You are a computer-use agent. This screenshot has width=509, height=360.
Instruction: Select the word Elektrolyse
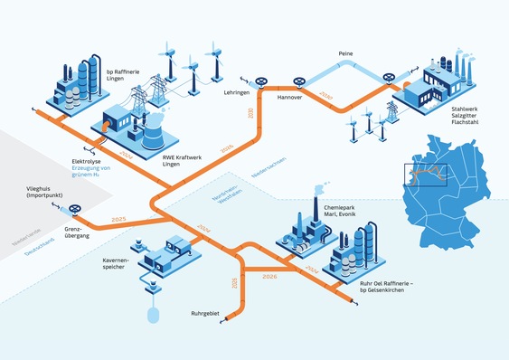90,161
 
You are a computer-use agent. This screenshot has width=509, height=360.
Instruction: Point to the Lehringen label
238,92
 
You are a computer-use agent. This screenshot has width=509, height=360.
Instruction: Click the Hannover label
289,96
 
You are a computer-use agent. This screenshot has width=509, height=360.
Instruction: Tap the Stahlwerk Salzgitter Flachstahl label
472,115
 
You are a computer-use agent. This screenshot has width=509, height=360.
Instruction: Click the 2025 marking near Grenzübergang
117,220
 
